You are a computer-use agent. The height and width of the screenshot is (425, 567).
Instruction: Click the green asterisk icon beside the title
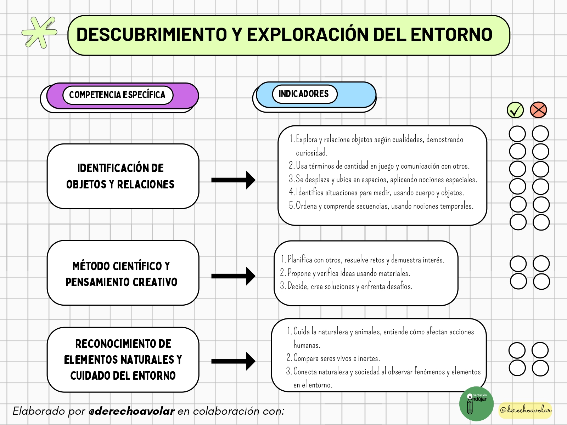39,33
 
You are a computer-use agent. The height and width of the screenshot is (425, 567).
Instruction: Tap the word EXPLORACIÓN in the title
308,35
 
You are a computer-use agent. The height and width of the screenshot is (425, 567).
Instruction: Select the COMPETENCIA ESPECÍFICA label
118,95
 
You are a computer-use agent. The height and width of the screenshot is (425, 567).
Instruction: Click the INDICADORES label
304,93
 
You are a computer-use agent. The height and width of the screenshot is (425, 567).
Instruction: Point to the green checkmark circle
515,110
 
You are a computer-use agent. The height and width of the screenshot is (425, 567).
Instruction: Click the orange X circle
538,110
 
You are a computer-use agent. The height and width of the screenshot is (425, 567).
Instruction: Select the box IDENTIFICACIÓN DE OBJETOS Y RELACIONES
123,176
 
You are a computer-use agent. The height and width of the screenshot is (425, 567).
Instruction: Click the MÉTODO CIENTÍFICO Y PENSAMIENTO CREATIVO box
123,273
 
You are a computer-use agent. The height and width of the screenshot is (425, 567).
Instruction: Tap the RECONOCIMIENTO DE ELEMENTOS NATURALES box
123,360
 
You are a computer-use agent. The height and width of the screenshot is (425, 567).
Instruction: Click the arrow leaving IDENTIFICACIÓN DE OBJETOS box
233,180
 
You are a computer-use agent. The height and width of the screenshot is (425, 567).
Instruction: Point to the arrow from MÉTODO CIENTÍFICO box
233,276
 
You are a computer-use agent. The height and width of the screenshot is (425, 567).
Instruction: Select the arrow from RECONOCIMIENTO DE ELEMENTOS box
233,361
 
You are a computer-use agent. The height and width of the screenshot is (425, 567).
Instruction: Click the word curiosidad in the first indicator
311,153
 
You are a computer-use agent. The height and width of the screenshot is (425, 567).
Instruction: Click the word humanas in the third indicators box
307,345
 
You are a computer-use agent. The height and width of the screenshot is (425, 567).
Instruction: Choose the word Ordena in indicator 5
306,206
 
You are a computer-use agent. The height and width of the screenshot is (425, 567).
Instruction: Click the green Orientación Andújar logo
476,404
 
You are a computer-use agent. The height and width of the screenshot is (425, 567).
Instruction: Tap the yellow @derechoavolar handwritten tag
526,410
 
